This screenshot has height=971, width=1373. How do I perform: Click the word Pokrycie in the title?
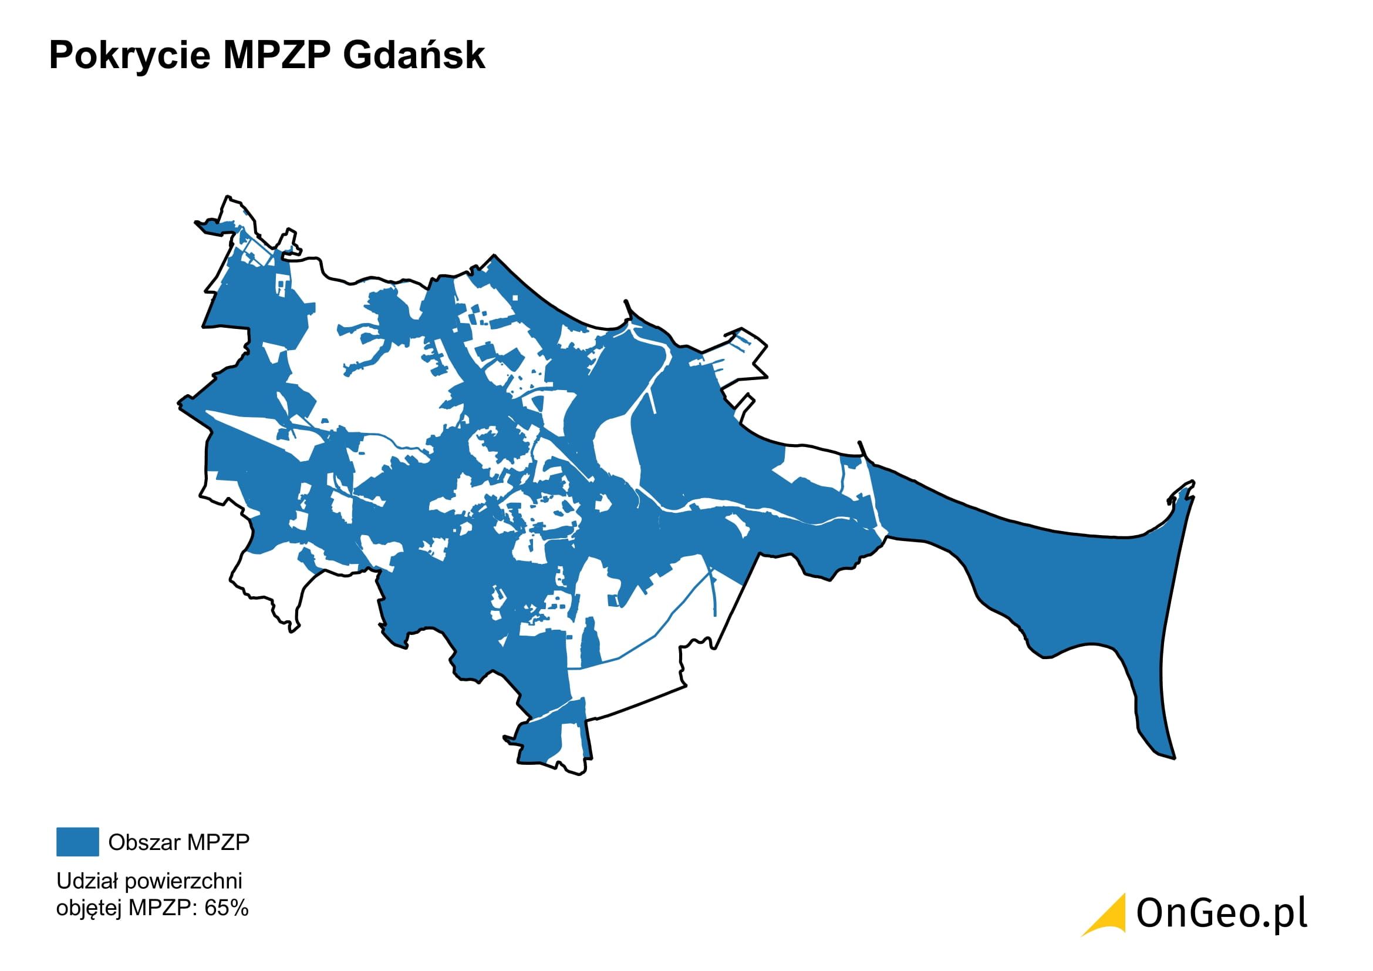[x=129, y=56]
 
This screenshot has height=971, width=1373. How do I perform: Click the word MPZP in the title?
[x=276, y=56]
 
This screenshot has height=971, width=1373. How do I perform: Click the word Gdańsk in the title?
[x=414, y=56]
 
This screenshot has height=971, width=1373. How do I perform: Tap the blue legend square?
[x=77, y=842]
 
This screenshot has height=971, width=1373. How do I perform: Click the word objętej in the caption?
[x=89, y=908]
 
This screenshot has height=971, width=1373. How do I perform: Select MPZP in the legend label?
[x=218, y=842]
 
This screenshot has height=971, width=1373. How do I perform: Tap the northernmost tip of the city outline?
[x=227, y=197]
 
